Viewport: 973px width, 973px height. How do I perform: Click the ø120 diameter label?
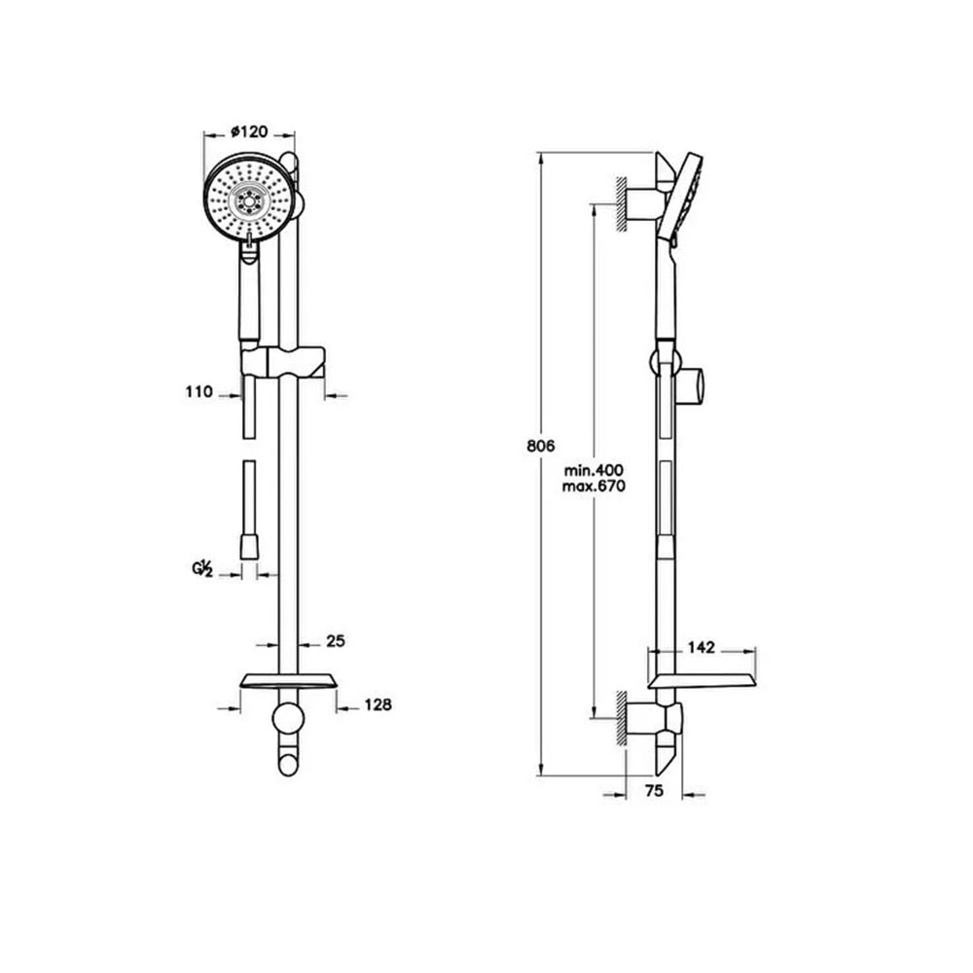click(249, 131)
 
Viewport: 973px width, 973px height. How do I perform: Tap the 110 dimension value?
click(198, 392)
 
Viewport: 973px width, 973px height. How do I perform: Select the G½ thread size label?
click(202, 568)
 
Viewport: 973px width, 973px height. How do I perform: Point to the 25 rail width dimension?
click(336, 641)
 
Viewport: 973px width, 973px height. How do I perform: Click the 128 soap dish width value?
click(378, 704)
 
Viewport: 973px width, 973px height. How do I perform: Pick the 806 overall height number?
click(540, 446)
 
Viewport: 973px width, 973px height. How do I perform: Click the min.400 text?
click(594, 470)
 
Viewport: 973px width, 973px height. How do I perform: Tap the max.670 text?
click(594, 486)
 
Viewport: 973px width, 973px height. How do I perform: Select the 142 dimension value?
click(702, 648)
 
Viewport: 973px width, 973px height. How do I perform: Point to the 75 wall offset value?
click(654, 790)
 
